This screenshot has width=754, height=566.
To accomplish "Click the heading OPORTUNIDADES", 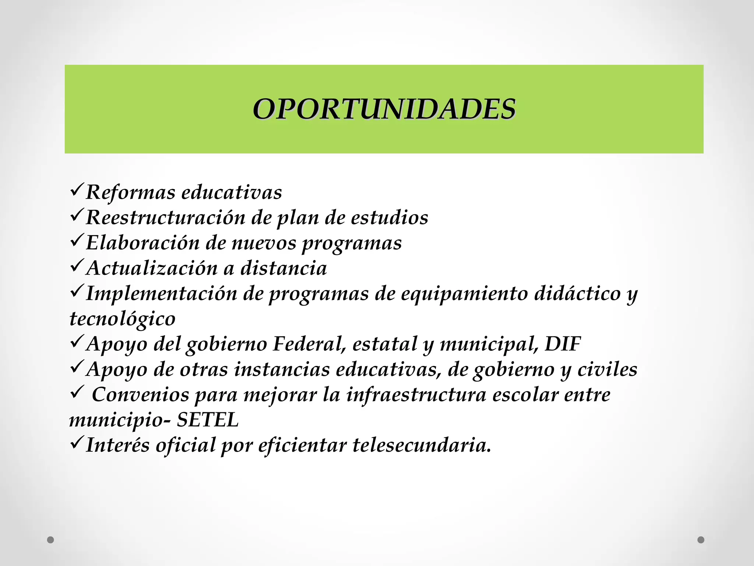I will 384,109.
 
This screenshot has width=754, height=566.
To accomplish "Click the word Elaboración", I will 142,243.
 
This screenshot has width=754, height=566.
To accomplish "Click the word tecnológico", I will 123,319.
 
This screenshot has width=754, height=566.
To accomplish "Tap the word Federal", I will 310,344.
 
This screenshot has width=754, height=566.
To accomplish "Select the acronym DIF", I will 563,344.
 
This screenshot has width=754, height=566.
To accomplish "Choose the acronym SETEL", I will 208,420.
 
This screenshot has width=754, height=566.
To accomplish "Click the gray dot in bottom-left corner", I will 51,540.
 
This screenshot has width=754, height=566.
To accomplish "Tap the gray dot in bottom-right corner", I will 701,540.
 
